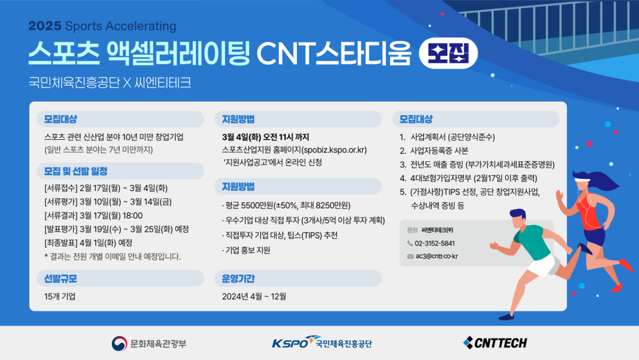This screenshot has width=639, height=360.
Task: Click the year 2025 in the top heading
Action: (x=45, y=26)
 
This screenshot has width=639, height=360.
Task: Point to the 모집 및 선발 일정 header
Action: (x=76, y=171)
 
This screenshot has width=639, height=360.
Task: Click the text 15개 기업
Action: (x=60, y=296)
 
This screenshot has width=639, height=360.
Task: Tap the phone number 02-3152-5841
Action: (x=435, y=244)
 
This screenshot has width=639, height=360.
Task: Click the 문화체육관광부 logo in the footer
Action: (x=149, y=343)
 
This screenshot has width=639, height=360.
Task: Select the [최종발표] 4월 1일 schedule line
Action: (x=89, y=243)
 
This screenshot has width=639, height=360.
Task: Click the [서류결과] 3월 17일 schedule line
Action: (x=93, y=216)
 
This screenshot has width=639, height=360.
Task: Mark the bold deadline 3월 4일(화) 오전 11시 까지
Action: (x=266, y=137)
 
